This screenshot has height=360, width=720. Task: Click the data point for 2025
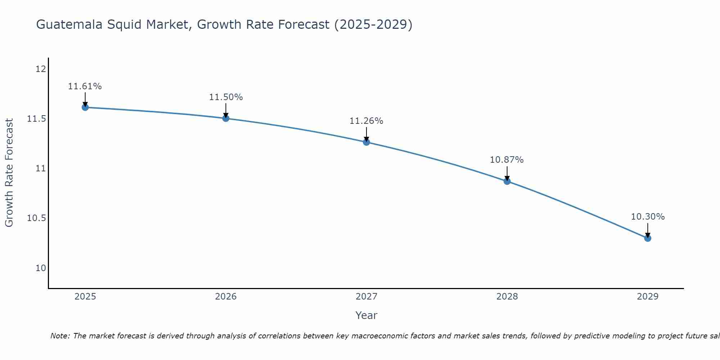(x=85, y=107)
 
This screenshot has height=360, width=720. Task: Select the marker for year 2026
(x=226, y=118)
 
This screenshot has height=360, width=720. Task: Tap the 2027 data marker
(x=366, y=142)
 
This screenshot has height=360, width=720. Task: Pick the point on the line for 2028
(x=507, y=181)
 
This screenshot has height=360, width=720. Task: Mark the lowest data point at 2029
(x=648, y=238)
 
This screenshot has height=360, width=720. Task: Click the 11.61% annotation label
(x=85, y=86)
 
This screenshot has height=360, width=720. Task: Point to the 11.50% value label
(x=226, y=97)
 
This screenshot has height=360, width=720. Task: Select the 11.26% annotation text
(x=366, y=121)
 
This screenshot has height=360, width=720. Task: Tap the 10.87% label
(x=507, y=160)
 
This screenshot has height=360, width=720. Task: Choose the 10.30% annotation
(x=648, y=217)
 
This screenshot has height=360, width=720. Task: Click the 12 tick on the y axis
(x=41, y=69)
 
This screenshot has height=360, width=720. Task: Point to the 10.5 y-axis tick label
(x=37, y=218)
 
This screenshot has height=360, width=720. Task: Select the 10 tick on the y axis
(x=41, y=268)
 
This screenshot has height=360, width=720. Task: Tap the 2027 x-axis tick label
(x=366, y=297)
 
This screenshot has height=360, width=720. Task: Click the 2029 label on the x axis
(x=648, y=297)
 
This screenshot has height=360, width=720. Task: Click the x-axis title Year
(x=366, y=315)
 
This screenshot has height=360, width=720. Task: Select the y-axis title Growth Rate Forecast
(x=9, y=173)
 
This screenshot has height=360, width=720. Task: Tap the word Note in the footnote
(x=60, y=336)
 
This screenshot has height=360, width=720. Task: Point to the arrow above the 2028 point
(x=507, y=173)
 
